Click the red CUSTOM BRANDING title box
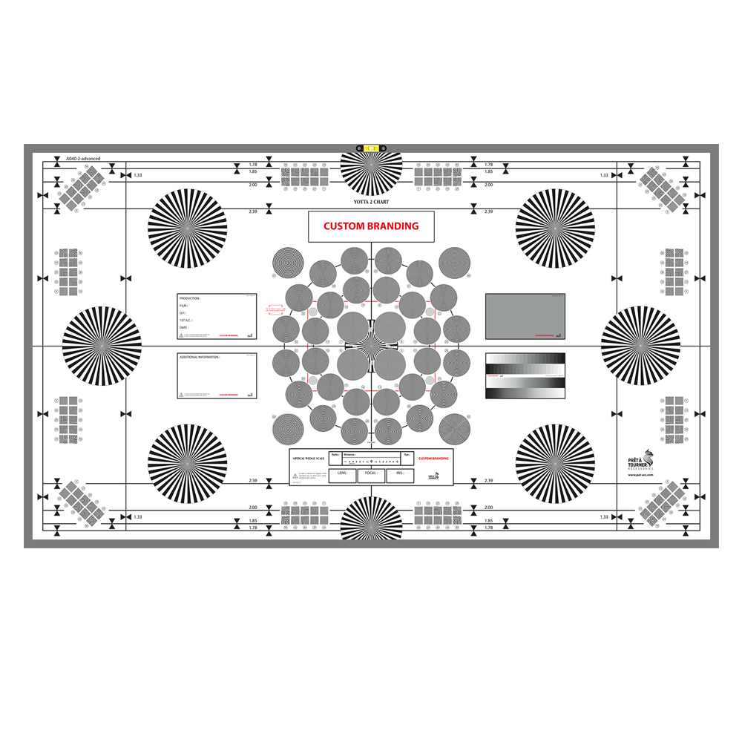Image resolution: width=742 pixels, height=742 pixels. point(371,226)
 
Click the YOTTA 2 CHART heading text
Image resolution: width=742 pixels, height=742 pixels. point(371,202)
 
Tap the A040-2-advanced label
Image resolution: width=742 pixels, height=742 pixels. point(83,159)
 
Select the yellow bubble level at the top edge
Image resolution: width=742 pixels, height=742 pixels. point(371,148)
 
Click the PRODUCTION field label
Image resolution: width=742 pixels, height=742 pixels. point(190,298)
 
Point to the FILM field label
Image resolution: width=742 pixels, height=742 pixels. point(184,306)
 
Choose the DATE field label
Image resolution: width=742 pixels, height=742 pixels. point(184,327)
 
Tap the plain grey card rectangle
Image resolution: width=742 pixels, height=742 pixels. point(525,316)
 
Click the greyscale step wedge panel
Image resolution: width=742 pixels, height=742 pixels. point(525,375)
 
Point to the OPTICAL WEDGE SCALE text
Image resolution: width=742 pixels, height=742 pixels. point(309,459)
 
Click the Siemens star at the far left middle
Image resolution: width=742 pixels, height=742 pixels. point(101,346)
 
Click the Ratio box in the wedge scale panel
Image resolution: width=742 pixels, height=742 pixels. point(336,454)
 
